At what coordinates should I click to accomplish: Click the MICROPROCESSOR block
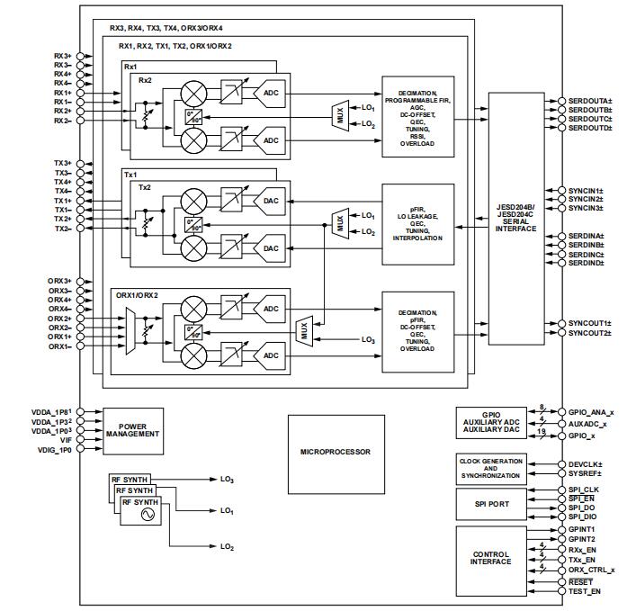point(335,451)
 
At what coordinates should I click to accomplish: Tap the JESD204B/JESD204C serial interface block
point(515,219)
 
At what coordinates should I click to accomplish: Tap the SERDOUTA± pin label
point(590,100)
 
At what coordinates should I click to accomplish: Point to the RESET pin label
point(580,582)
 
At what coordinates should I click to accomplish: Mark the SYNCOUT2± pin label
point(589,333)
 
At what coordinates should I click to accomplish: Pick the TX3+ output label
point(62,163)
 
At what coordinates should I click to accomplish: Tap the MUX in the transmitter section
point(340,223)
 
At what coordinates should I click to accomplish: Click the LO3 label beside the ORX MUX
point(367,339)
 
